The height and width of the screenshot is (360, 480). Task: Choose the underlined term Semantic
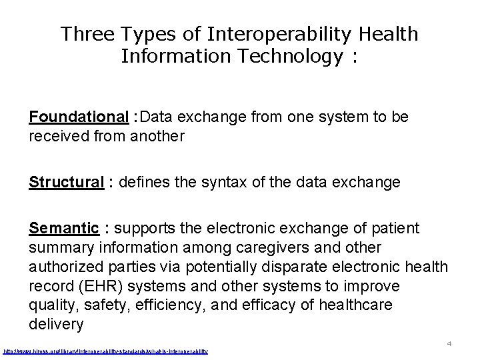[64, 229]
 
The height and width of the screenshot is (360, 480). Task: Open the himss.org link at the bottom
[106, 351]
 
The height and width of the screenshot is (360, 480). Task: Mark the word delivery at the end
[57, 325]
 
